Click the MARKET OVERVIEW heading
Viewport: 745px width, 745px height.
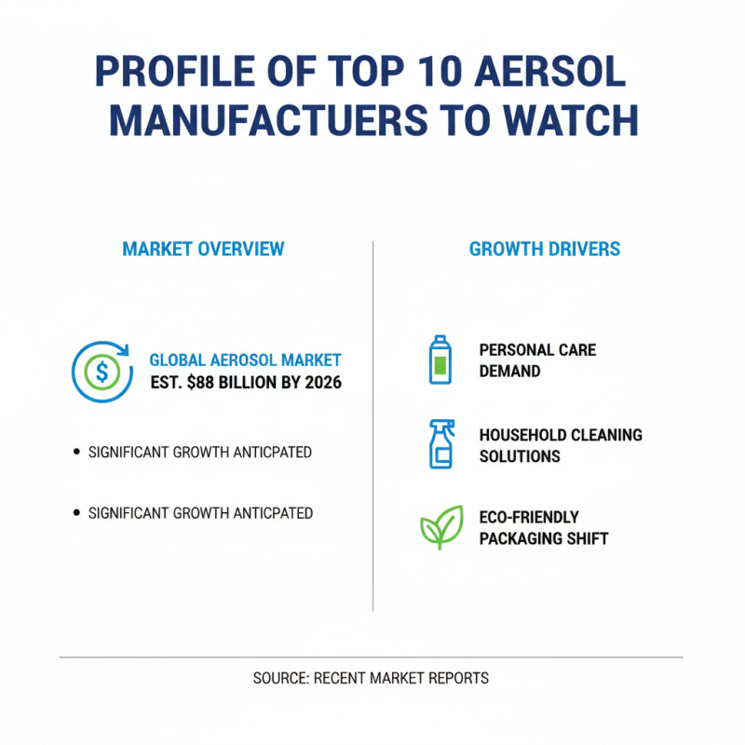(203, 250)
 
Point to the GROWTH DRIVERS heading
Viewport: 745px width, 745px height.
(545, 250)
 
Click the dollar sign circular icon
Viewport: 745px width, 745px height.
(102, 372)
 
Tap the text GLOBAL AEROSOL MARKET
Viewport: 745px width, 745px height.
(245, 360)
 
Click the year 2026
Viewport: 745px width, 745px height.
(319, 383)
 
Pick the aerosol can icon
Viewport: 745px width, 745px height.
(438, 359)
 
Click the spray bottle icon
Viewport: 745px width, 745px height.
(440, 443)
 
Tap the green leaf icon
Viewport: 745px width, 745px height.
(440, 527)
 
